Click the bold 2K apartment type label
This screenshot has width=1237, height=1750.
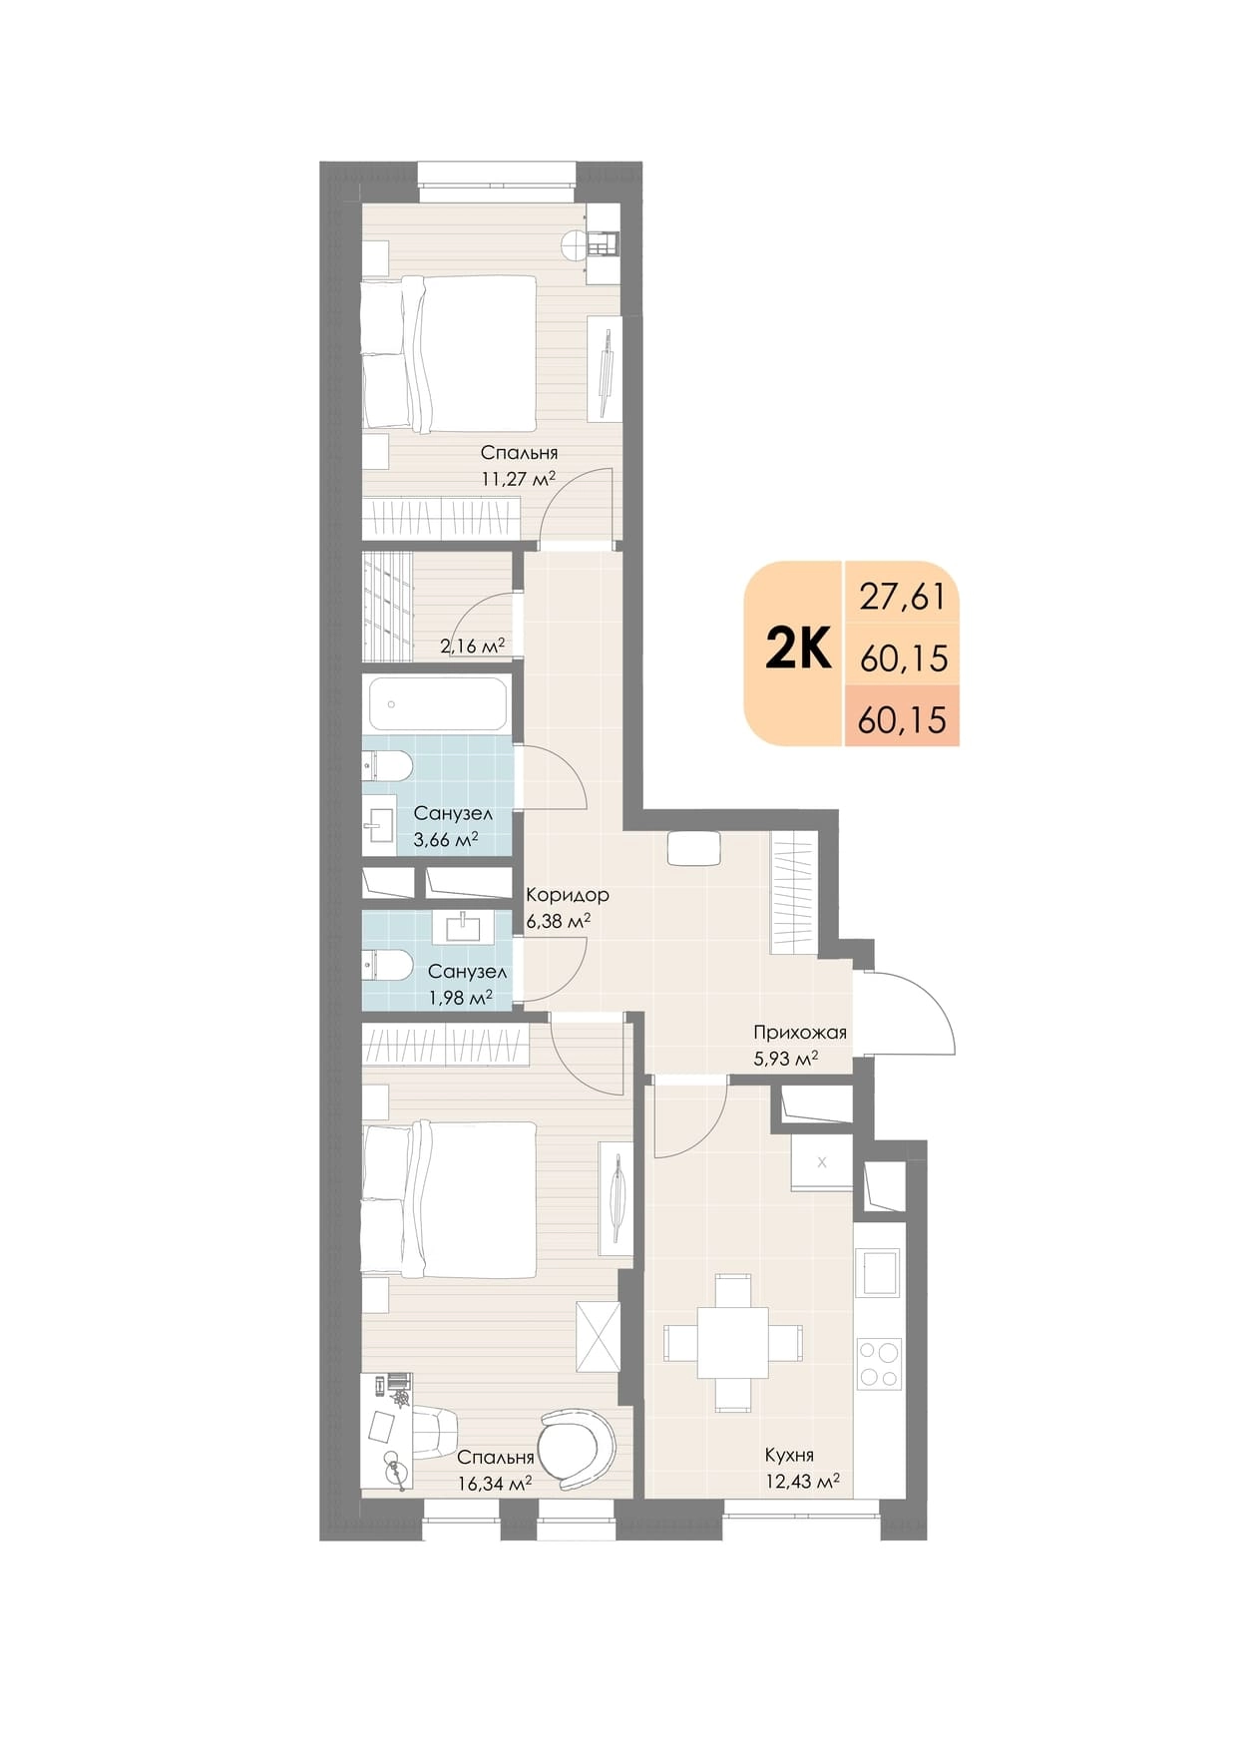(x=798, y=652)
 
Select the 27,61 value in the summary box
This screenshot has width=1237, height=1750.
(x=903, y=597)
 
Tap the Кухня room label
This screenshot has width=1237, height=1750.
(x=789, y=1455)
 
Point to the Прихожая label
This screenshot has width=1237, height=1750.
(x=800, y=1032)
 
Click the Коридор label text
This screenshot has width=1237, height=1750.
(x=568, y=895)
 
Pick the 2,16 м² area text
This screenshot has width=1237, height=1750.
(x=472, y=646)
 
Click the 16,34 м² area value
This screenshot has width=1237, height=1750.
(x=495, y=1483)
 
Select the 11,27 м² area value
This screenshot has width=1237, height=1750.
(x=518, y=478)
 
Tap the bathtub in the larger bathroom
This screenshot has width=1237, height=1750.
(x=438, y=704)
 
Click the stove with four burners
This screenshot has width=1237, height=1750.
(x=879, y=1364)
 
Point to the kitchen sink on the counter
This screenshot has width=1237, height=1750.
(x=878, y=1273)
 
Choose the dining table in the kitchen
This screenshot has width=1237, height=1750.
(x=733, y=1341)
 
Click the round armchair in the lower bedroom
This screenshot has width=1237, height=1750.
(x=577, y=1449)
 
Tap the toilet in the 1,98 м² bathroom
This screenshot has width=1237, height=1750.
(x=387, y=966)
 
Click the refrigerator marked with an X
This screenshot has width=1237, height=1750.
(x=822, y=1161)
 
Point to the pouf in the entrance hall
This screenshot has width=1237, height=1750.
(x=693, y=849)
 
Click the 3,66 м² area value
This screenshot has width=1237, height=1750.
(x=445, y=839)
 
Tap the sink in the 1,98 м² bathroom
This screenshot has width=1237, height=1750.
(x=463, y=927)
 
